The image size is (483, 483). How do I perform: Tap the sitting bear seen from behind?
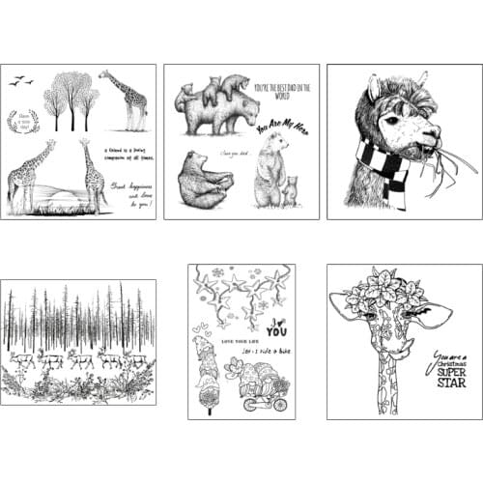[x=204, y=183]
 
